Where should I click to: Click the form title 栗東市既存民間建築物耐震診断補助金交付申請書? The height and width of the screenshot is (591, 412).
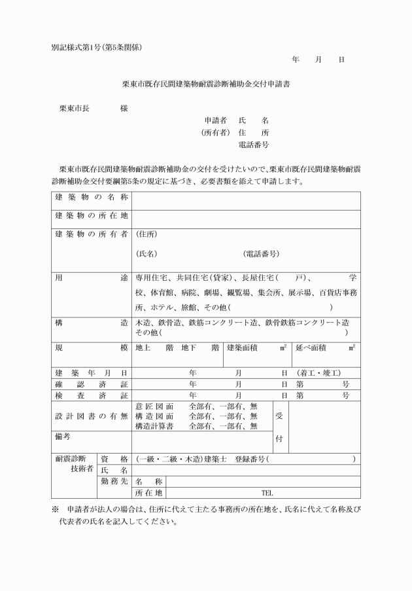(x=206, y=84)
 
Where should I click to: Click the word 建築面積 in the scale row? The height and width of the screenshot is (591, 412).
(x=243, y=348)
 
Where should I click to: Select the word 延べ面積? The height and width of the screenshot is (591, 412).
(x=311, y=348)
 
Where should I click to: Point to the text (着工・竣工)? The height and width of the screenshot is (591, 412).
(x=318, y=372)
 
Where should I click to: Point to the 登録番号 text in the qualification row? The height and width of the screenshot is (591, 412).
(x=247, y=459)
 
